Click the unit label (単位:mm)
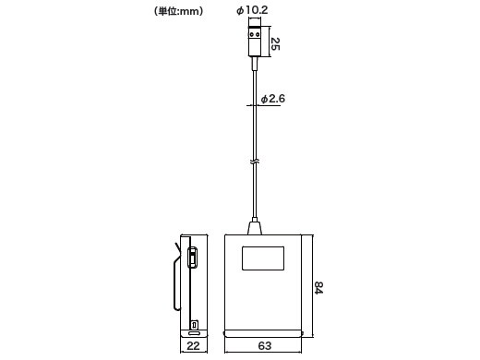178,11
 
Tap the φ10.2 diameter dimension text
252,10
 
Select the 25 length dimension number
275,43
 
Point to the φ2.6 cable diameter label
273,99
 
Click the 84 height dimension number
318,288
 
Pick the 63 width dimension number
265,346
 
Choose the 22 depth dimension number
193,346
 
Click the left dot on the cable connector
252,34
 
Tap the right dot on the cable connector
258,34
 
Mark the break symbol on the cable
255,162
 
